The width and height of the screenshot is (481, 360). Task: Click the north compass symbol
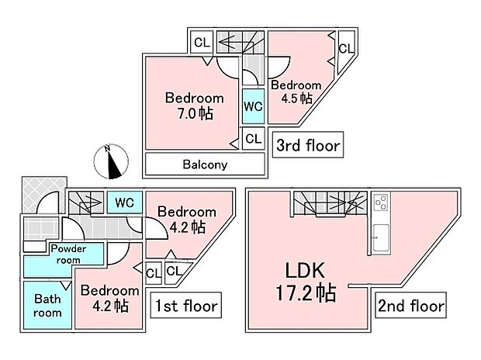point(111,161)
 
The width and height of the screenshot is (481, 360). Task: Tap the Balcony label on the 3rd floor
point(205,164)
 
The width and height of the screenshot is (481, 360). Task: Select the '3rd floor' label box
point(308,145)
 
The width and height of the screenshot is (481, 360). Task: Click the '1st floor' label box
point(186,305)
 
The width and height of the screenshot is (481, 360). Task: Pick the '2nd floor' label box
point(410,305)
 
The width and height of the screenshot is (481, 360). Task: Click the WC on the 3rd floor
point(254,106)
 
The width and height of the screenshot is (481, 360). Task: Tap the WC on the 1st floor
point(125,202)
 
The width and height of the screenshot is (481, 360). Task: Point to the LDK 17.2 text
point(306,282)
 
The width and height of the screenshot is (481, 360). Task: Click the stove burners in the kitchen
point(381,202)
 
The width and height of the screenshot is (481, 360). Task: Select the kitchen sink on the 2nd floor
point(381,237)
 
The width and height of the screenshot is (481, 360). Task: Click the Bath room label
point(47,306)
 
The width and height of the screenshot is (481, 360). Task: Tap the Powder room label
point(68,254)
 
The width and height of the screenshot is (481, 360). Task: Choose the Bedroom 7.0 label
point(195,106)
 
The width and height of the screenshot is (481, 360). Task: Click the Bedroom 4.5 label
point(296,92)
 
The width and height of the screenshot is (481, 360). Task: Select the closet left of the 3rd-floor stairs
point(201,42)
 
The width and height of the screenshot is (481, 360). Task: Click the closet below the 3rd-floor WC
point(254,138)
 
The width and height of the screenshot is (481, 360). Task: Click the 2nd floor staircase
point(330,203)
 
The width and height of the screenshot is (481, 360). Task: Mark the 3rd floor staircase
point(240,42)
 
